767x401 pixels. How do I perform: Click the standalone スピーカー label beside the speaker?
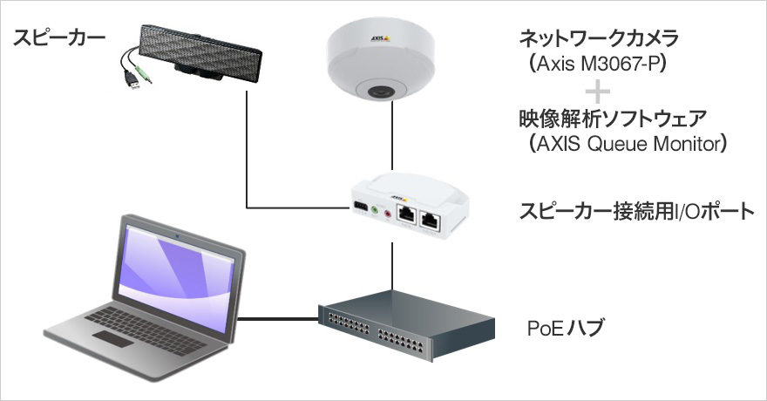point(58,37)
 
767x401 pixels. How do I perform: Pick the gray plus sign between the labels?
point(598,91)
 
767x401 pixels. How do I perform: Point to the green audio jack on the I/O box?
point(374,210)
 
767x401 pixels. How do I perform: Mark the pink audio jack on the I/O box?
point(387,213)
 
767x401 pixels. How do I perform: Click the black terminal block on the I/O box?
point(359,207)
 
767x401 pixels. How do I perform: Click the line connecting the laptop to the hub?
point(277,318)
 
